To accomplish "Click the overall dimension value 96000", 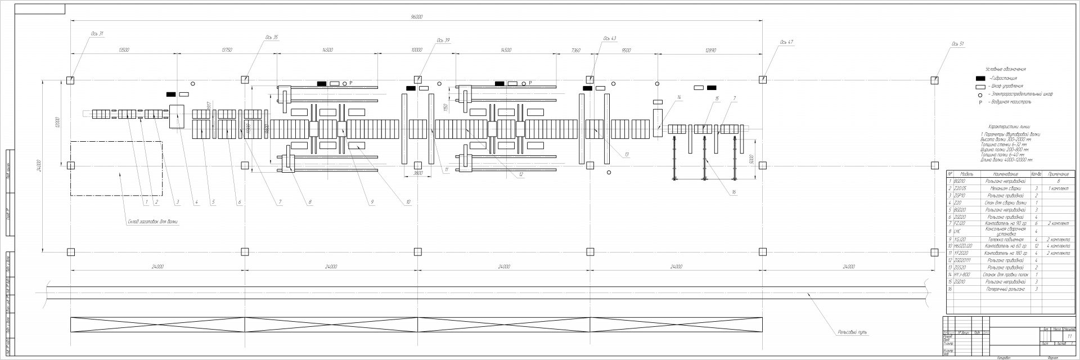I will tap(416, 17).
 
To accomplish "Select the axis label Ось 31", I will tap(97, 34).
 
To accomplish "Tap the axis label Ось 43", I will tap(610, 39).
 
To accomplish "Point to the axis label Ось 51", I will tap(958, 44).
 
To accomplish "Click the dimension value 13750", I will tap(226, 50).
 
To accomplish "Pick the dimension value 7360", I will tap(575, 50).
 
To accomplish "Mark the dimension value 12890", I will tap(711, 50).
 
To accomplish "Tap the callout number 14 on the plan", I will tap(679, 98).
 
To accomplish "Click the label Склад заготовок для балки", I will tap(152, 222).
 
